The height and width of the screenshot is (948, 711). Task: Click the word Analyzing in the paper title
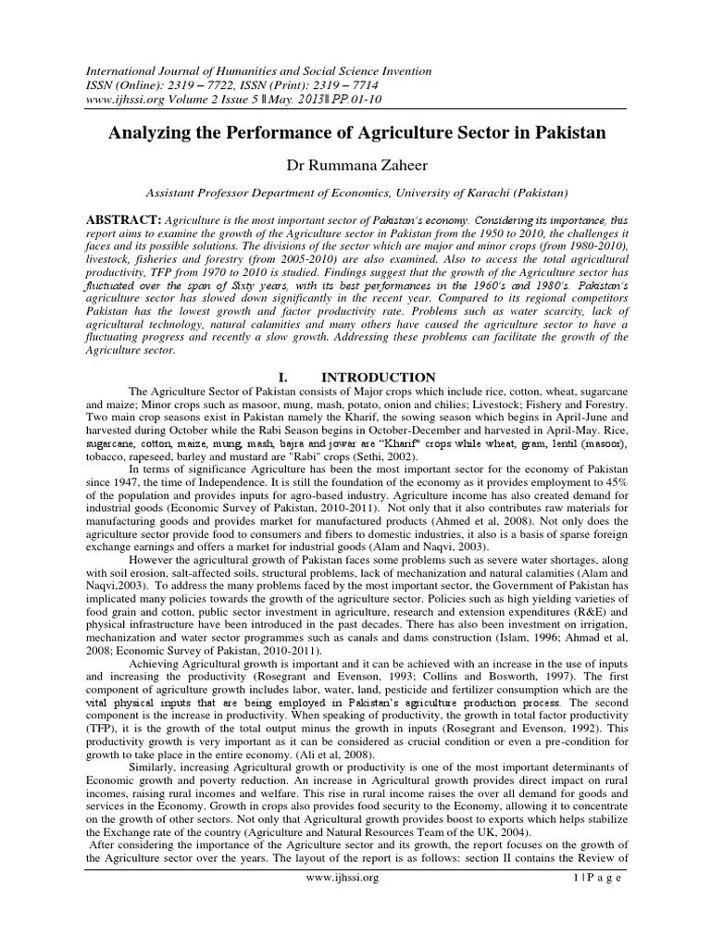point(152,132)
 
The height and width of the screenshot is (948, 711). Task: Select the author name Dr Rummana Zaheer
point(355,165)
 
